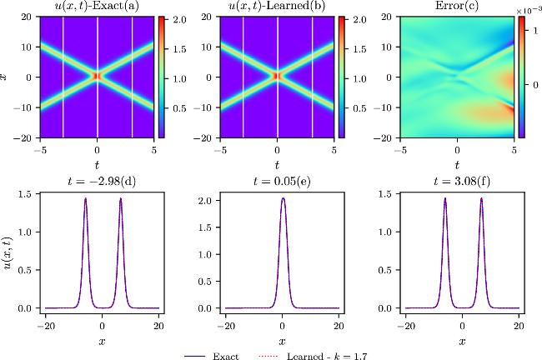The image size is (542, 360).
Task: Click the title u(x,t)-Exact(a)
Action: [x=98, y=7]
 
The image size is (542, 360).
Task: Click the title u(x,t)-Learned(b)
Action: [x=277, y=7]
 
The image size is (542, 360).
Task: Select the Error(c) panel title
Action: [x=457, y=7]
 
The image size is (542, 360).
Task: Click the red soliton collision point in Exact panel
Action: [x=98, y=76]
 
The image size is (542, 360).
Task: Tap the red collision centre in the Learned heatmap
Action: [x=277, y=76]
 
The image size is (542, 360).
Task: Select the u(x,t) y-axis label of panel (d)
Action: [x=8, y=251]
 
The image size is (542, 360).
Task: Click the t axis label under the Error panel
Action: [x=457, y=165]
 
